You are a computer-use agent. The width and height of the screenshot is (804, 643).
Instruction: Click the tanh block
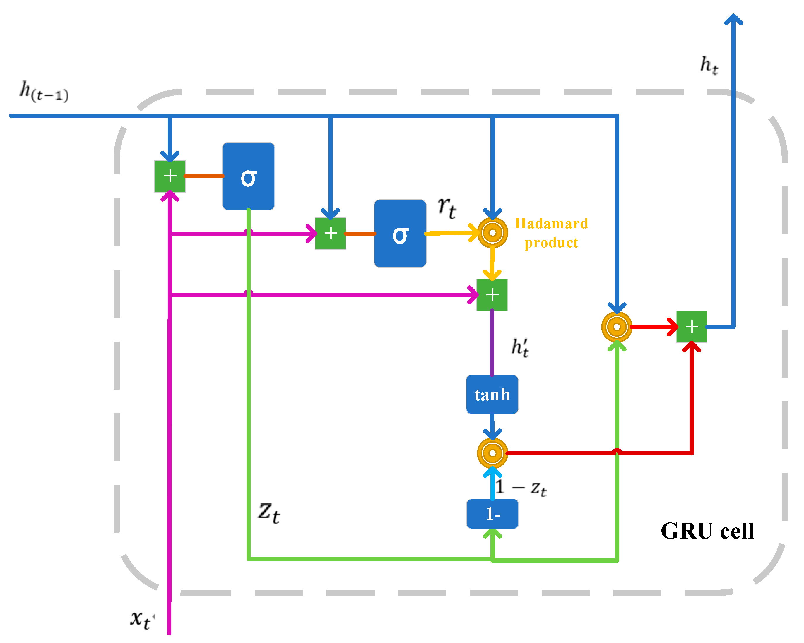[x=492, y=394]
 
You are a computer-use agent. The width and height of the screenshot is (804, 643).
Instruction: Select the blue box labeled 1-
[x=492, y=514]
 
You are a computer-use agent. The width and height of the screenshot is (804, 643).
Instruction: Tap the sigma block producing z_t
[x=248, y=176]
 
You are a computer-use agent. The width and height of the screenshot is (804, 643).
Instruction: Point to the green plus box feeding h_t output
[x=691, y=327]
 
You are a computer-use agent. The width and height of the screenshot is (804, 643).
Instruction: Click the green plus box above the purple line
[x=492, y=294]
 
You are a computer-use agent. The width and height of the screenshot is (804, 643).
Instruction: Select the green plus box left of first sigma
[x=170, y=176]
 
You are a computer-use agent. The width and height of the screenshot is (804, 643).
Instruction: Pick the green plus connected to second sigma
[x=330, y=233]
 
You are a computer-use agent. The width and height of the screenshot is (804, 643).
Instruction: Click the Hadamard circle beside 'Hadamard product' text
[x=492, y=233]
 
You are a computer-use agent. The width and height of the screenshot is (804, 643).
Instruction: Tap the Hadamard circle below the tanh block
[x=492, y=453]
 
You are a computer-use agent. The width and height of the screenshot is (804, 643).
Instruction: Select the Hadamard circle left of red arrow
[x=616, y=327]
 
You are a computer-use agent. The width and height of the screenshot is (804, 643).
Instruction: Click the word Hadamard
[x=551, y=223]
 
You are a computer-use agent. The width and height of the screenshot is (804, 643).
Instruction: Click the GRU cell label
[x=707, y=531]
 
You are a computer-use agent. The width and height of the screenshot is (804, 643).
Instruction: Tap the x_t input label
[x=141, y=620]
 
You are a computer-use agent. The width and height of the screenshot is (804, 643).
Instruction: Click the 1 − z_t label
[x=521, y=488]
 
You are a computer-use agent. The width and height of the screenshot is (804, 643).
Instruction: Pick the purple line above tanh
[x=492, y=343]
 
